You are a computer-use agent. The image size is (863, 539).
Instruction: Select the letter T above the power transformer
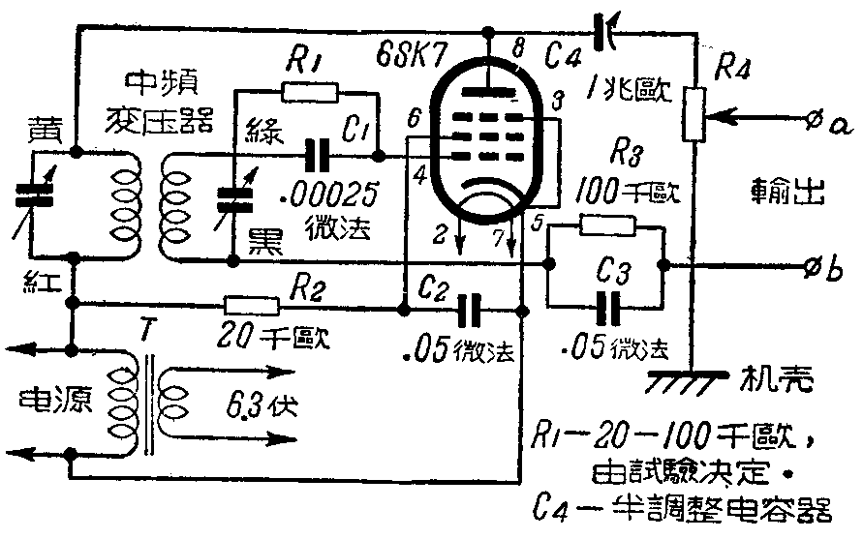(144, 332)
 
